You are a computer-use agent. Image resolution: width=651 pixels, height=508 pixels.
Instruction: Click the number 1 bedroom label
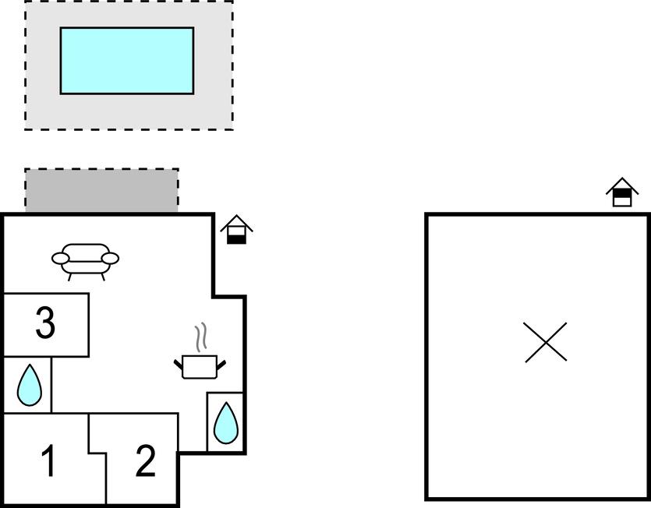pos(49,460)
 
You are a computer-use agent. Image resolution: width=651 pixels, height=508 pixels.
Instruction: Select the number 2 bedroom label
pos(146,460)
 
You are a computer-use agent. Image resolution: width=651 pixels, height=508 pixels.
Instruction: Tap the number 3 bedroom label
pos(45,323)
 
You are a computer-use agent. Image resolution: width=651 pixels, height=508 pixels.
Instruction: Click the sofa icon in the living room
pos(85,262)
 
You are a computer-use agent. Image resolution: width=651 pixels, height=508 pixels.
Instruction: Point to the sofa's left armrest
pos(60,259)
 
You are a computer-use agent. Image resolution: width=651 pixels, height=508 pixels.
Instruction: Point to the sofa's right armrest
pos(110,259)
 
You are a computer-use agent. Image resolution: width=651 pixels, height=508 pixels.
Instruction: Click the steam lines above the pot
pos(201,337)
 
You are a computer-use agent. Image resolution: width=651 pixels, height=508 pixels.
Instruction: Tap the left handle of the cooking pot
pos(178,365)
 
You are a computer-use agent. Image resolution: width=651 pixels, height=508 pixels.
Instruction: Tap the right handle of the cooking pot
pos(221,365)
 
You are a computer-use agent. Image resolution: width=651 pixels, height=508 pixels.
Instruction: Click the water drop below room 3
pos(30,385)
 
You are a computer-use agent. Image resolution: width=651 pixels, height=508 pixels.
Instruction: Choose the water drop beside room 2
pos(226,422)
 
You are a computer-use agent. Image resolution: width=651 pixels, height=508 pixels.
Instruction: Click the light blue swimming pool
pos(127,61)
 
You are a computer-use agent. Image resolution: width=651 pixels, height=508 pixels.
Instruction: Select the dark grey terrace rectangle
pos(101,190)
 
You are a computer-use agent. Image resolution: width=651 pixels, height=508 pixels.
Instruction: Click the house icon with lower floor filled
pos(237,230)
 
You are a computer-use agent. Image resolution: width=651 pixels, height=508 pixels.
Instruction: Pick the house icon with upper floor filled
pos(622,192)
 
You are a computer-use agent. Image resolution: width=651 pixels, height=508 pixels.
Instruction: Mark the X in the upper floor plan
pos(545,342)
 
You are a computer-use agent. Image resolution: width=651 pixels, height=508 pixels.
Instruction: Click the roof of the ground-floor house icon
pos(237,223)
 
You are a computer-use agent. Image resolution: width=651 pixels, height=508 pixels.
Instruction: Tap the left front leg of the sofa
pos(69,277)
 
